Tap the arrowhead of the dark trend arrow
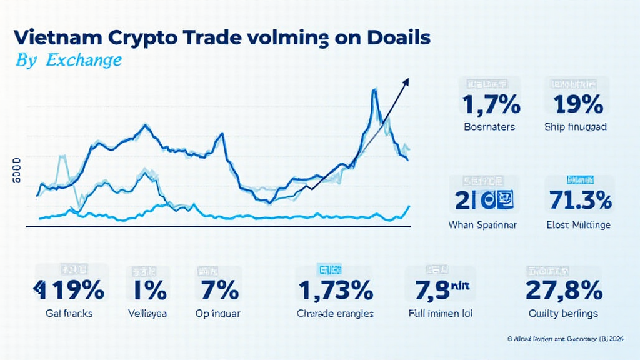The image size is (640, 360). (x=406, y=81)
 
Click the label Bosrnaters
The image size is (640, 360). (x=489, y=127)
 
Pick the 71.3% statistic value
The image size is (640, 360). (x=579, y=200)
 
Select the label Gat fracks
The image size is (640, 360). (x=69, y=314)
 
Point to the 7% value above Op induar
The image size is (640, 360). (x=219, y=291)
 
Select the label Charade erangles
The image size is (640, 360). (x=335, y=314)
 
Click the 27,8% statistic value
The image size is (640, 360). (x=564, y=291)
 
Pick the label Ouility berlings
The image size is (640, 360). (x=564, y=314)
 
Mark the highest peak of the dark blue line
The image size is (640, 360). (x=374, y=91)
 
